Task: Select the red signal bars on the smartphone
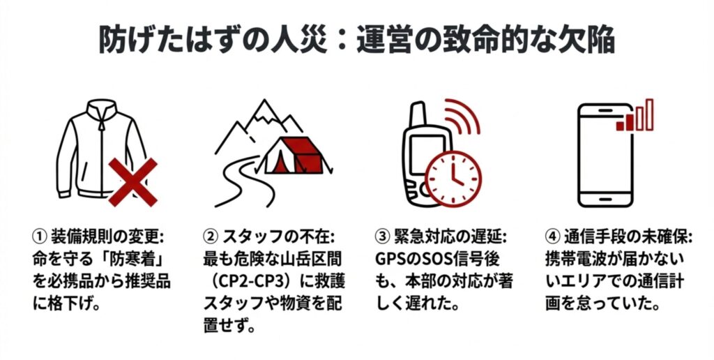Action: click(635, 117)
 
